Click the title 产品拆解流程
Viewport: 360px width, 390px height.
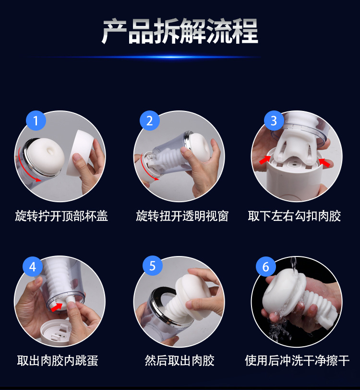click(x=180, y=31)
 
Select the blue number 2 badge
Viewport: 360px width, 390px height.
click(x=150, y=121)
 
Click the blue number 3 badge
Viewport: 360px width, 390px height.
click(x=274, y=121)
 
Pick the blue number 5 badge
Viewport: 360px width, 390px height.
click(x=152, y=266)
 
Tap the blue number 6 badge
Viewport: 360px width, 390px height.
click(x=266, y=266)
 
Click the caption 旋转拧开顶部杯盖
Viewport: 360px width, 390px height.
click(x=61, y=216)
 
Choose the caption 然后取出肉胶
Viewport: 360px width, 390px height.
click(x=180, y=360)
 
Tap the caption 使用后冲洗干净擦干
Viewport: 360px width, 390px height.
click(x=297, y=360)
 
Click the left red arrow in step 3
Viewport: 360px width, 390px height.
click(x=264, y=159)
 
